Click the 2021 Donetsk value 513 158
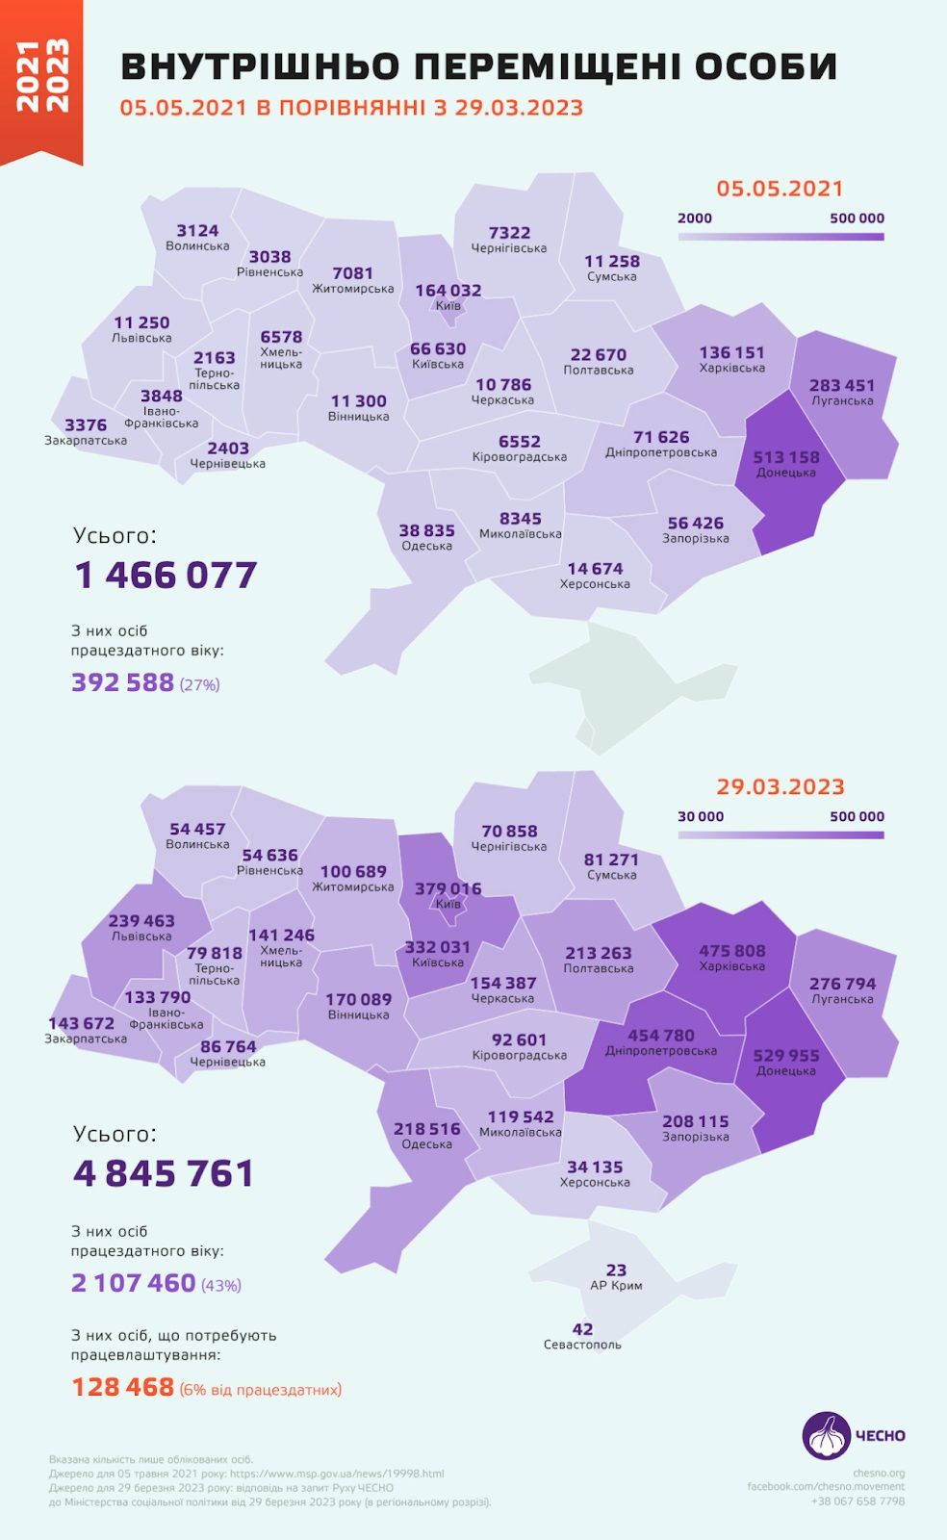pos(785,457)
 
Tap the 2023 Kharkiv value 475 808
pos(731,951)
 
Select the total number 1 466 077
pos(166,576)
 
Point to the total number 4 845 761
pos(164,1173)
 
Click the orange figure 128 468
pos(123,1387)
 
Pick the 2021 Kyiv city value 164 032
pos(448,290)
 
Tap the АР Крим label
pos(616,1286)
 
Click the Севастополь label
pos(582,1345)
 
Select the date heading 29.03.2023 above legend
pos(780,786)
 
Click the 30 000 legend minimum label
pos(700,816)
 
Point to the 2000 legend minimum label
pos(694,218)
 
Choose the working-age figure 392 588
pos(122,682)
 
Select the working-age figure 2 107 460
pos(133,1283)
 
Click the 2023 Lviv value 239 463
pos(141,921)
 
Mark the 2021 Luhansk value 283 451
pos(841,385)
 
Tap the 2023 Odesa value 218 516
pos(426,1129)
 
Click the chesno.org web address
pos(878,1473)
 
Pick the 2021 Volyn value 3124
pos(197,231)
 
